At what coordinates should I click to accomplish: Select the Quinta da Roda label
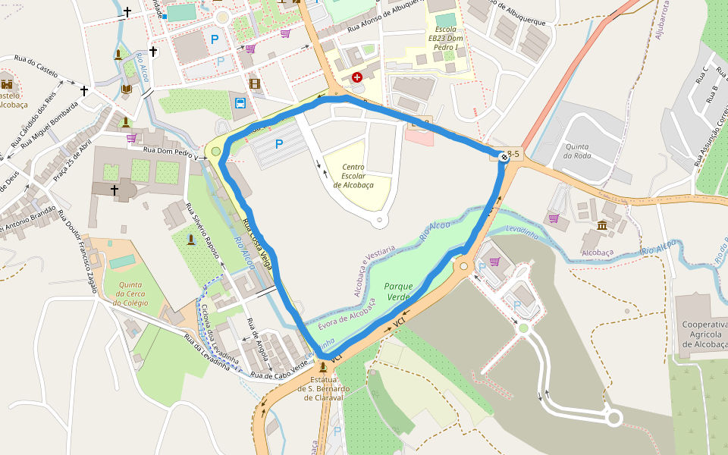(x=577, y=151)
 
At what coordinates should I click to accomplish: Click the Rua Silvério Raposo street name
(x=202, y=231)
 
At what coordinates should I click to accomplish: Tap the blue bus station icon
(x=240, y=104)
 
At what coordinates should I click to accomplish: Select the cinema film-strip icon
(x=254, y=83)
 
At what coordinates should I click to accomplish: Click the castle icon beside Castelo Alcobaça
(x=8, y=83)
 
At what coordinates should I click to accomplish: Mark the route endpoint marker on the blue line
(x=504, y=155)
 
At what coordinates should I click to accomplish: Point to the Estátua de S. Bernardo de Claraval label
(x=323, y=388)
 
